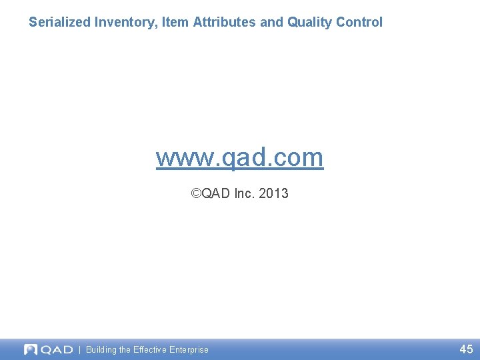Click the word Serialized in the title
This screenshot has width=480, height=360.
click(x=59, y=22)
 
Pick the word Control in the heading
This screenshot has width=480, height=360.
click(x=359, y=22)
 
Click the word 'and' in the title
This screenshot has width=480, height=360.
click(x=271, y=22)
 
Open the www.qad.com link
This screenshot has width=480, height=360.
click(x=239, y=157)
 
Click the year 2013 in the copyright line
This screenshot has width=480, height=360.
click(x=273, y=193)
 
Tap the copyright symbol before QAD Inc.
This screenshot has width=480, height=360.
click(x=195, y=193)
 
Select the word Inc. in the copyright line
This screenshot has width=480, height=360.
click(x=243, y=193)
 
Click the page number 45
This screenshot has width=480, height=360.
click(x=466, y=349)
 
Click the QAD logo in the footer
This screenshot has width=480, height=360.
click(x=48, y=349)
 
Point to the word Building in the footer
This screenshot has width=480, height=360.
click(x=101, y=349)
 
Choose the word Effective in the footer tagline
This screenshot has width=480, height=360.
click(x=151, y=349)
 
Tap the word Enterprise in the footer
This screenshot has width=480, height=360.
click(x=189, y=349)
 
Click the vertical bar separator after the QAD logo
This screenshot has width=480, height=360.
click(x=80, y=349)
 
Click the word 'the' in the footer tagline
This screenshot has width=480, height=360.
click(x=125, y=349)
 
